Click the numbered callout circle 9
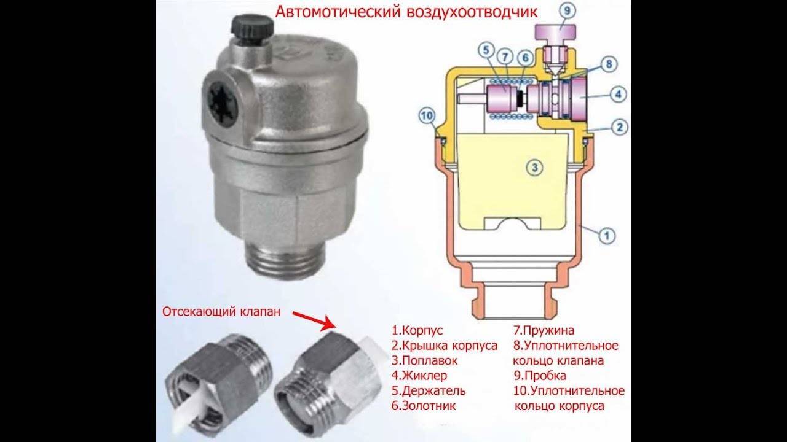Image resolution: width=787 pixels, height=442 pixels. [568, 11]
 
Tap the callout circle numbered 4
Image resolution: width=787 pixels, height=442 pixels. [619, 94]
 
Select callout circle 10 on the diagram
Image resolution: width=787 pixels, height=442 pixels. [427, 116]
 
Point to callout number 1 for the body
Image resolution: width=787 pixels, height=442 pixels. [607, 235]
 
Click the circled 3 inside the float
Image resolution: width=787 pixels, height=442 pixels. [535, 168]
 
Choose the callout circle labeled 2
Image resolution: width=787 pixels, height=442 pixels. [619, 127]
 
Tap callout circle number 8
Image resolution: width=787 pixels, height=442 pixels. [609, 64]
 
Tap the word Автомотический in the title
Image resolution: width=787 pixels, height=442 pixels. [338, 12]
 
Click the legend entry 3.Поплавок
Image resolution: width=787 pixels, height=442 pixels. [424, 360]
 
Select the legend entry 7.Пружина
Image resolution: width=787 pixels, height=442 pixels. [544, 330]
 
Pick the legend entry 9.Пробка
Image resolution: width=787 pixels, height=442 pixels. [540, 376]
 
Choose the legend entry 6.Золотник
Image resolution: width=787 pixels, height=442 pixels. [424, 406]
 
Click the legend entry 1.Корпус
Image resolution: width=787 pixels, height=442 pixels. [417, 330]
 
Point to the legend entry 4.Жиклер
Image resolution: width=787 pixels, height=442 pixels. [419, 376]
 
